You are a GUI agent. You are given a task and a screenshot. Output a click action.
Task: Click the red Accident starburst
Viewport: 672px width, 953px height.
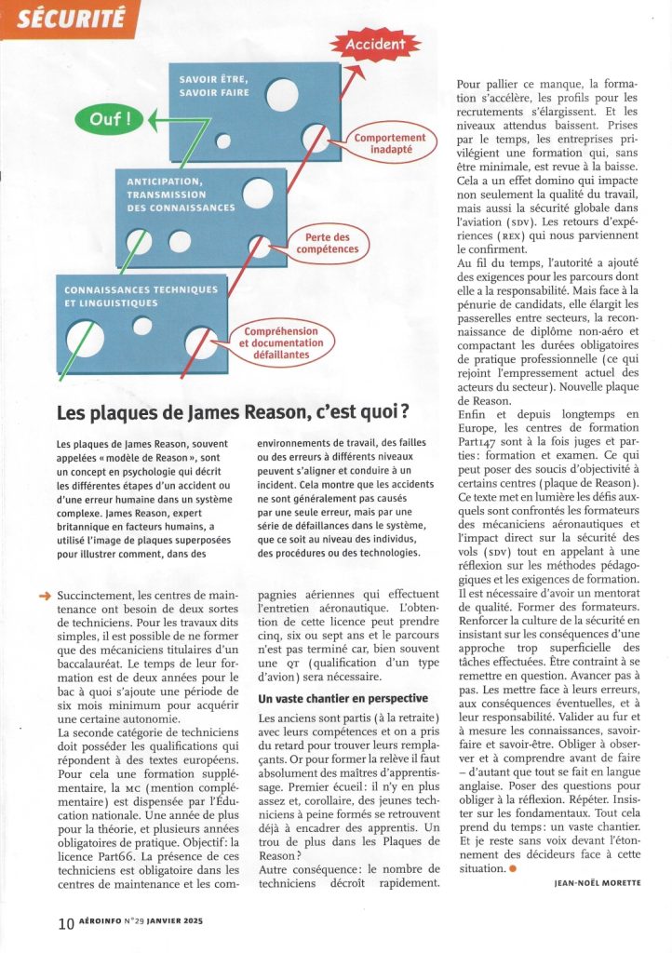point(376,44)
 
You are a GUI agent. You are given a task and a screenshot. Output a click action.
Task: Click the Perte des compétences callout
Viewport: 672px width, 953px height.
point(326,244)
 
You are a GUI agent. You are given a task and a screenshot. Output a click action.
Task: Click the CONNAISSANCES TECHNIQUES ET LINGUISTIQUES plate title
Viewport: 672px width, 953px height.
point(141,296)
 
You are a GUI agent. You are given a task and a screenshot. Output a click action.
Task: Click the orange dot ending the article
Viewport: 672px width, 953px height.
point(511,868)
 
